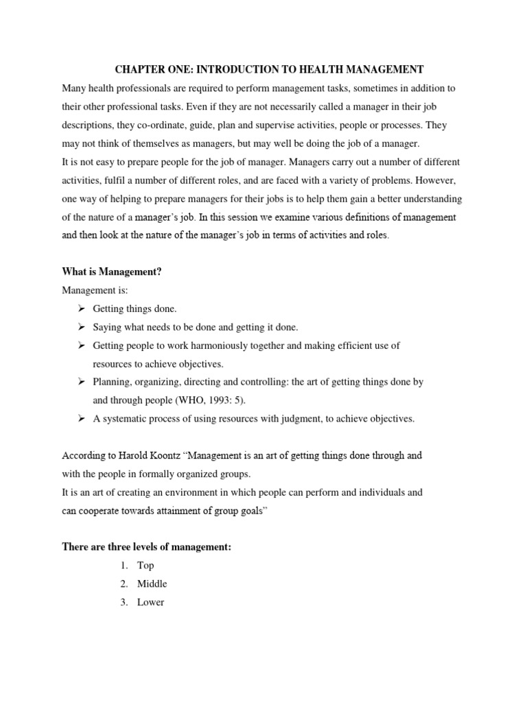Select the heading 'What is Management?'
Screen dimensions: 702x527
coord(112,272)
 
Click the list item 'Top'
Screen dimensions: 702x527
coord(145,566)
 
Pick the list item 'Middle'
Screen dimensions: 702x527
coord(152,584)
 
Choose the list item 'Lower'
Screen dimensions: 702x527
coord(150,603)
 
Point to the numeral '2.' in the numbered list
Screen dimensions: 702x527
coord(124,584)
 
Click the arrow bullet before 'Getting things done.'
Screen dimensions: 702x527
coord(80,309)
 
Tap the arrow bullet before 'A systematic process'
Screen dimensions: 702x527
coord(80,419)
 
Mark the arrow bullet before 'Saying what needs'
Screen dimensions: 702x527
coord(80,328)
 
